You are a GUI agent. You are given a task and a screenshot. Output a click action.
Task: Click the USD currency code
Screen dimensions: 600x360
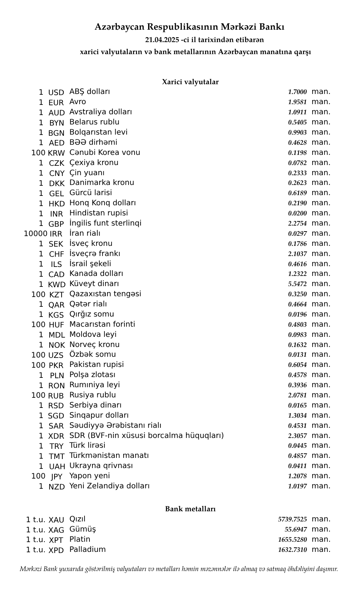(56, 92)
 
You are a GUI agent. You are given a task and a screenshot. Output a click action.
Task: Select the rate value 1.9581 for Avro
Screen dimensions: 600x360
(297, 102)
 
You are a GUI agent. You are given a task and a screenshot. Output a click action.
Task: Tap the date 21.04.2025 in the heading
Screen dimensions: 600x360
(162, 40)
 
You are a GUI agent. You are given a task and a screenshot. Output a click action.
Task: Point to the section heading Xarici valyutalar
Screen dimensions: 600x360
(190, 82)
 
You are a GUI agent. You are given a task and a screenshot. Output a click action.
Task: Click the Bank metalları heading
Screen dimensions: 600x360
(190, 509)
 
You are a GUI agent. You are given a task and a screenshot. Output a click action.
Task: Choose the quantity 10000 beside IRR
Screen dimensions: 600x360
(35, 233)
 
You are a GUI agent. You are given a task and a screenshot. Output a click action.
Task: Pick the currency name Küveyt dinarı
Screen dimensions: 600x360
(94, 284)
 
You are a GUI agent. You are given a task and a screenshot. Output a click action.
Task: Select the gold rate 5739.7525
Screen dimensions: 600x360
(292, 519)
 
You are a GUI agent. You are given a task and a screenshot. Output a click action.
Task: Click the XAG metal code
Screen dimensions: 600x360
(56, 530)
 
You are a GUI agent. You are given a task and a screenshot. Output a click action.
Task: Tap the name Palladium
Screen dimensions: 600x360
(88, 549)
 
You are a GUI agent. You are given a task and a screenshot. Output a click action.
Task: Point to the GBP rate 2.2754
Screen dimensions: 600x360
(297, 223)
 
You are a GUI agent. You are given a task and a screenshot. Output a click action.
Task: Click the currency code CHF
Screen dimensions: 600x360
(56, 254)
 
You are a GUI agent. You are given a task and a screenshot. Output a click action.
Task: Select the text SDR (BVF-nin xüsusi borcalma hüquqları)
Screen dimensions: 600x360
(147, 435)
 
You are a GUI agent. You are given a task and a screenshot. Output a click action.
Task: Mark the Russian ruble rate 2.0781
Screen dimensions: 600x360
(297, 395)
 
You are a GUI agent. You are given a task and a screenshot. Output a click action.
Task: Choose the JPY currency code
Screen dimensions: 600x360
(56, 477)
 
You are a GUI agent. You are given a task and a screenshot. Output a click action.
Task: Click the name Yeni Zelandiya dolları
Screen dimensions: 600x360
(109, 486)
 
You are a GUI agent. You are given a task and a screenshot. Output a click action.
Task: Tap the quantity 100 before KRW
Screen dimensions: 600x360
(38, 153)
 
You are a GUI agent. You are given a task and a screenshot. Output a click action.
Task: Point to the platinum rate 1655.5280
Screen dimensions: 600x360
(292, 539)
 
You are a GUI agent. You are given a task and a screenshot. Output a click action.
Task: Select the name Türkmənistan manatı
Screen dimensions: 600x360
(109, 455)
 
